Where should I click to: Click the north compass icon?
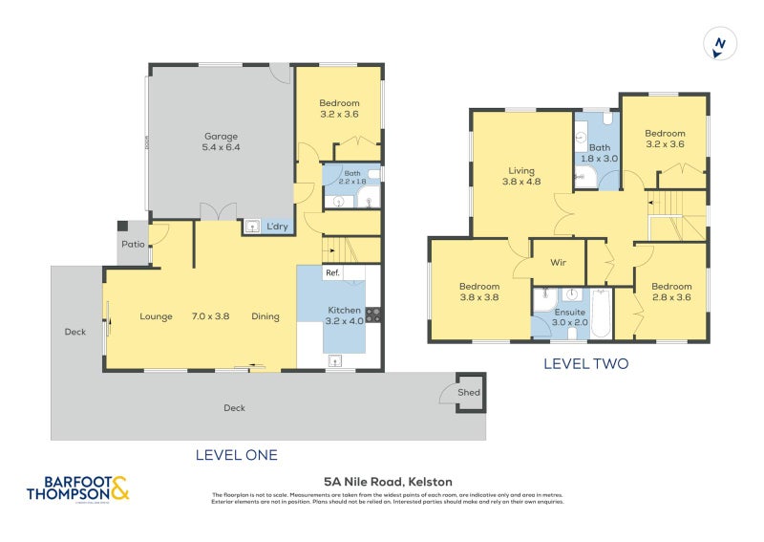tap(721, 44)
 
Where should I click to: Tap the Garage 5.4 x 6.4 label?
tap(221, 141)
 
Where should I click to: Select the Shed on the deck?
tap(470, 392)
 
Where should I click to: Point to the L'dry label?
tap(277, 227)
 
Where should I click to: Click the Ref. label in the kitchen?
tap(332, 273)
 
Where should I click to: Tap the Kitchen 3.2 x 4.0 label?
tap(345, 315)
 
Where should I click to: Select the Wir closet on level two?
tap(558, 262)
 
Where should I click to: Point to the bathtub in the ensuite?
tap(601, 314)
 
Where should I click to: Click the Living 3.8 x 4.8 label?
tap(521, 175)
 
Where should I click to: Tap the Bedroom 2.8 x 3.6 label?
tap(671, 292)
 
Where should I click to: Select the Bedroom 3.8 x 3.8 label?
tap(478, 292)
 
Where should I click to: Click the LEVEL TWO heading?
tap(585, 364)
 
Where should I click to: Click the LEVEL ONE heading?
tap(236, 455)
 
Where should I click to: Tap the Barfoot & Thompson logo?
tap(76, 489)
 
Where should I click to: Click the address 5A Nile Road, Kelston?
tap(388, 482)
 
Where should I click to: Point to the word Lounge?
tap(155, 316)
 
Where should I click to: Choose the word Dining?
tap(265, 316)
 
